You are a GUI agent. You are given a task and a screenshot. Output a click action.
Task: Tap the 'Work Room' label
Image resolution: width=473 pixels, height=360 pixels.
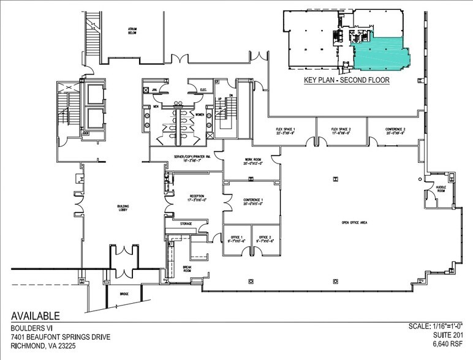pyautogui.click(x=252, y=161)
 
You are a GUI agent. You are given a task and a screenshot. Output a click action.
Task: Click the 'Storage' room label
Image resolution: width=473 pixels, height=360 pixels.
pyautogui.click(x=186, y=224)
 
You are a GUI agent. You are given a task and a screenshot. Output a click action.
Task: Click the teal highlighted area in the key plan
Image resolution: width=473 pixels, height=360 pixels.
pyautogui.click(x=380, y=52)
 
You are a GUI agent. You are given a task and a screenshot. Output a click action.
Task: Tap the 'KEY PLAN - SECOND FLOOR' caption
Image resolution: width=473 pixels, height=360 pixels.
pyautogui.click(x=346, y=80)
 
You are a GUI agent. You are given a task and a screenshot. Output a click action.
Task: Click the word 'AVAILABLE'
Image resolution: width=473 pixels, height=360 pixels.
pyautogui.click(x=36, y=317)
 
